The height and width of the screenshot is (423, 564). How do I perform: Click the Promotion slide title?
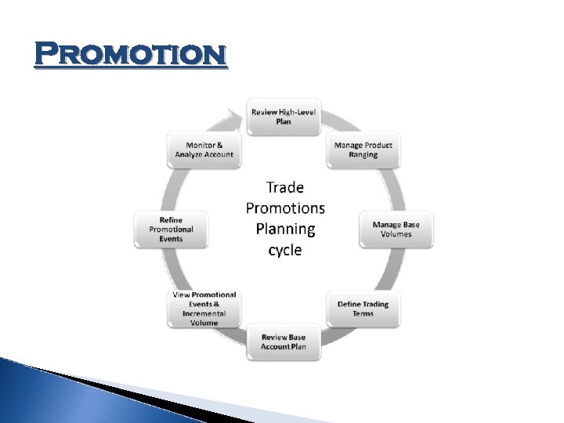click(x=131, y=55)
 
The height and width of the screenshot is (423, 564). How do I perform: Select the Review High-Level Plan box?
click(x=284, y=117)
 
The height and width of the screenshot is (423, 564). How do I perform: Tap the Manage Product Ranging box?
click(x=363, y=150)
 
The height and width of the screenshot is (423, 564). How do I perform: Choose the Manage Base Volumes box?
click(x=396, y=230)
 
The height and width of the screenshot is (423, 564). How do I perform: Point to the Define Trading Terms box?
click(x=363, y=309)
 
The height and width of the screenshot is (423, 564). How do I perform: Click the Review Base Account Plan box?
click(x=284, y=342)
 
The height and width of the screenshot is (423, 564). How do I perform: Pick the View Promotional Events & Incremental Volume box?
click(x=204, y=309)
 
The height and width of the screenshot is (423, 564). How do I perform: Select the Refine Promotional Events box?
click(x=171, y=230)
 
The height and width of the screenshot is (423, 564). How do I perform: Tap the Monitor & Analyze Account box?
click(x=204, y=150)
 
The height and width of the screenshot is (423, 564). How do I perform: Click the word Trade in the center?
click(x=285, y=187)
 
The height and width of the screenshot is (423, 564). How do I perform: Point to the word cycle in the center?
click(x=285, y=251)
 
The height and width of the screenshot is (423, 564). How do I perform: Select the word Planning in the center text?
click(x=285, y=230)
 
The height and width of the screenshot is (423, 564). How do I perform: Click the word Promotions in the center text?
click(x=285, y=208)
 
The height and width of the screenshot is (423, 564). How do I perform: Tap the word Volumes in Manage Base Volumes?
click(x=396, y=234)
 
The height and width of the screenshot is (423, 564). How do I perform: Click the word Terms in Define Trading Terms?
click(x=363, y=313)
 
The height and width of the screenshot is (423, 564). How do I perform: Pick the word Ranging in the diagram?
click(x=363, y=154)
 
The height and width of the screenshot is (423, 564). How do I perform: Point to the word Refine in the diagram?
click(x=171, y=220)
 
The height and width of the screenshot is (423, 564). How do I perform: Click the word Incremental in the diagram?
click(x=204, y=313)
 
